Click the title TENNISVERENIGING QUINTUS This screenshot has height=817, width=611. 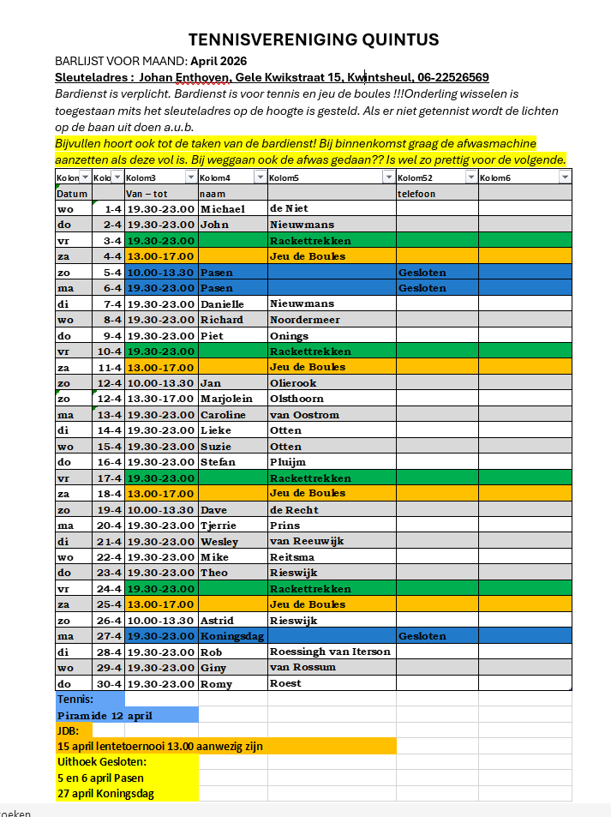[x=314, y=39]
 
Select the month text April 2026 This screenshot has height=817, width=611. [x=219, y=61]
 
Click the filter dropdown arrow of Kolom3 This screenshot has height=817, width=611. [x=190, y=177]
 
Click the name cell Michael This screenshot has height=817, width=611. [x=222, y=209]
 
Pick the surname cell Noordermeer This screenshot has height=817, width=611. [x=304, y=319]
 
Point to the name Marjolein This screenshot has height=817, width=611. [x=228, y=399]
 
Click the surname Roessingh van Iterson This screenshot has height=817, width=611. [x=330, y=652]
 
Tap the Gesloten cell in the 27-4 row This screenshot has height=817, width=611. [x=422, y=636]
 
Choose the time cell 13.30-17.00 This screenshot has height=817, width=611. [x=160, y=399]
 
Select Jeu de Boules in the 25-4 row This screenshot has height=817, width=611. [x=308, y=604]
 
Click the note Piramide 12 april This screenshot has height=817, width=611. [x=105, y=716]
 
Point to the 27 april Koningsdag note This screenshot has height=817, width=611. [x=105, y=794]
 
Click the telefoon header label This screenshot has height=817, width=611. [x=416, y=194]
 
